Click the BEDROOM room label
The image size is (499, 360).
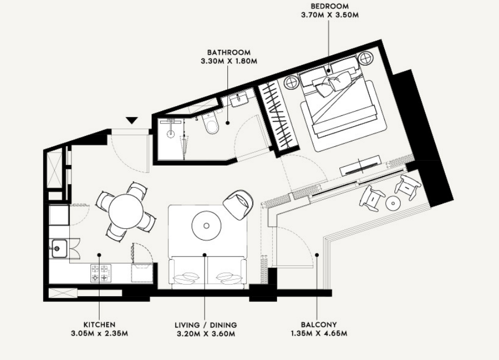click(x=330, y=6)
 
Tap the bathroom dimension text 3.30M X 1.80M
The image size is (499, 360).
click(x=229, y=61)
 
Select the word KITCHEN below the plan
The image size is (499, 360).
click(x=99, y=325)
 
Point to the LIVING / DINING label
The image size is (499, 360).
click(x=206, y=325)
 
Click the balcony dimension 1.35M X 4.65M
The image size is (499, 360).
click(x=319, y=333)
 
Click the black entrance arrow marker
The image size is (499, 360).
click(x=132, y=120)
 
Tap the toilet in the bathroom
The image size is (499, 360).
click(x=211, y=124)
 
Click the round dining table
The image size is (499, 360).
click(x=126, y=211)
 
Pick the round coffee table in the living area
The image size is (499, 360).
click(x=206, y=226)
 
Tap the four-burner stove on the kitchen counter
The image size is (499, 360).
click(x=101, y=273)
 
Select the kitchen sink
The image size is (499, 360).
click(x=58, y=248)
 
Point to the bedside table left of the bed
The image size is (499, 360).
click(x=292, y=82)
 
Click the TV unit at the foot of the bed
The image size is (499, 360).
click(x=360, y=166)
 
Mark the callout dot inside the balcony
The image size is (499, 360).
click(x=317, y=254)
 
